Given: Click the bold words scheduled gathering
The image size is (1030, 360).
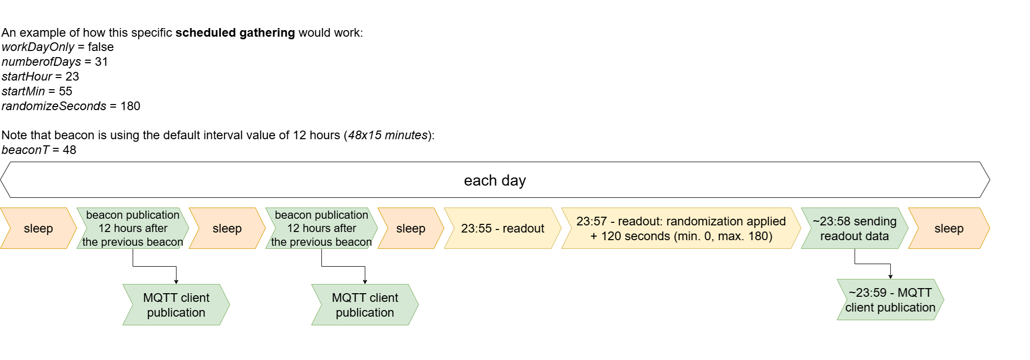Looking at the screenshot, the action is (x=235, y=33).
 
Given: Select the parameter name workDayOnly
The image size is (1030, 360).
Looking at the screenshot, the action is (x=38, y=47).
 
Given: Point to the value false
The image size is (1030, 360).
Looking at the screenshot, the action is (x=101, y=47).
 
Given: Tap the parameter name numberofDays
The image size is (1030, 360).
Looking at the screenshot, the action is (x=41, y=62).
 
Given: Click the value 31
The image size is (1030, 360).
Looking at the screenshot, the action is (x=102, y=62).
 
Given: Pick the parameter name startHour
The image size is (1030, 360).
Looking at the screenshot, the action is (x=27, y=76).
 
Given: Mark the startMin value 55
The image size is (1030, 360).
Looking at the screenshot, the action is (x=65, y=91).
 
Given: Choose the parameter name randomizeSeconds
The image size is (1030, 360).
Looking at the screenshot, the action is (x=54, y=106).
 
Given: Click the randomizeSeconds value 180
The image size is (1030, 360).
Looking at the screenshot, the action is (x=130, y=106).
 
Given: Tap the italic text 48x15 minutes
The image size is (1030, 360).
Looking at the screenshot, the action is (x=388, y=135).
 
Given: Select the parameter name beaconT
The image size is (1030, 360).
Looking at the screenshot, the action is (x=26, y=150).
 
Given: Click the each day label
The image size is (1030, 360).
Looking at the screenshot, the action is (x=495, y=181).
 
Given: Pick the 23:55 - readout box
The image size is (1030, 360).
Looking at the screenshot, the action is (x=503, y=228).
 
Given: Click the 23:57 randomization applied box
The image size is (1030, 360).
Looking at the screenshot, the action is (x=681, y=228).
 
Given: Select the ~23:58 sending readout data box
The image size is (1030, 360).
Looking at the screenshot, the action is (x=855, y=228).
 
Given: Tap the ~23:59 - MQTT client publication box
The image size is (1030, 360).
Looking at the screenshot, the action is (x=890, y=300).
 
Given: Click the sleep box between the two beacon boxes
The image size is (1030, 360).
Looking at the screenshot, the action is (x=227, y=228).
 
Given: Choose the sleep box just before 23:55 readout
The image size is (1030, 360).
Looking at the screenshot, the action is (x=411, y=228).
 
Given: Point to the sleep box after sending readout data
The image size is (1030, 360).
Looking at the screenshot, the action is (x=949, y=228).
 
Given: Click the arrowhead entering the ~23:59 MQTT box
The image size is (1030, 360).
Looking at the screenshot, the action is (x=890, y=277).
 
